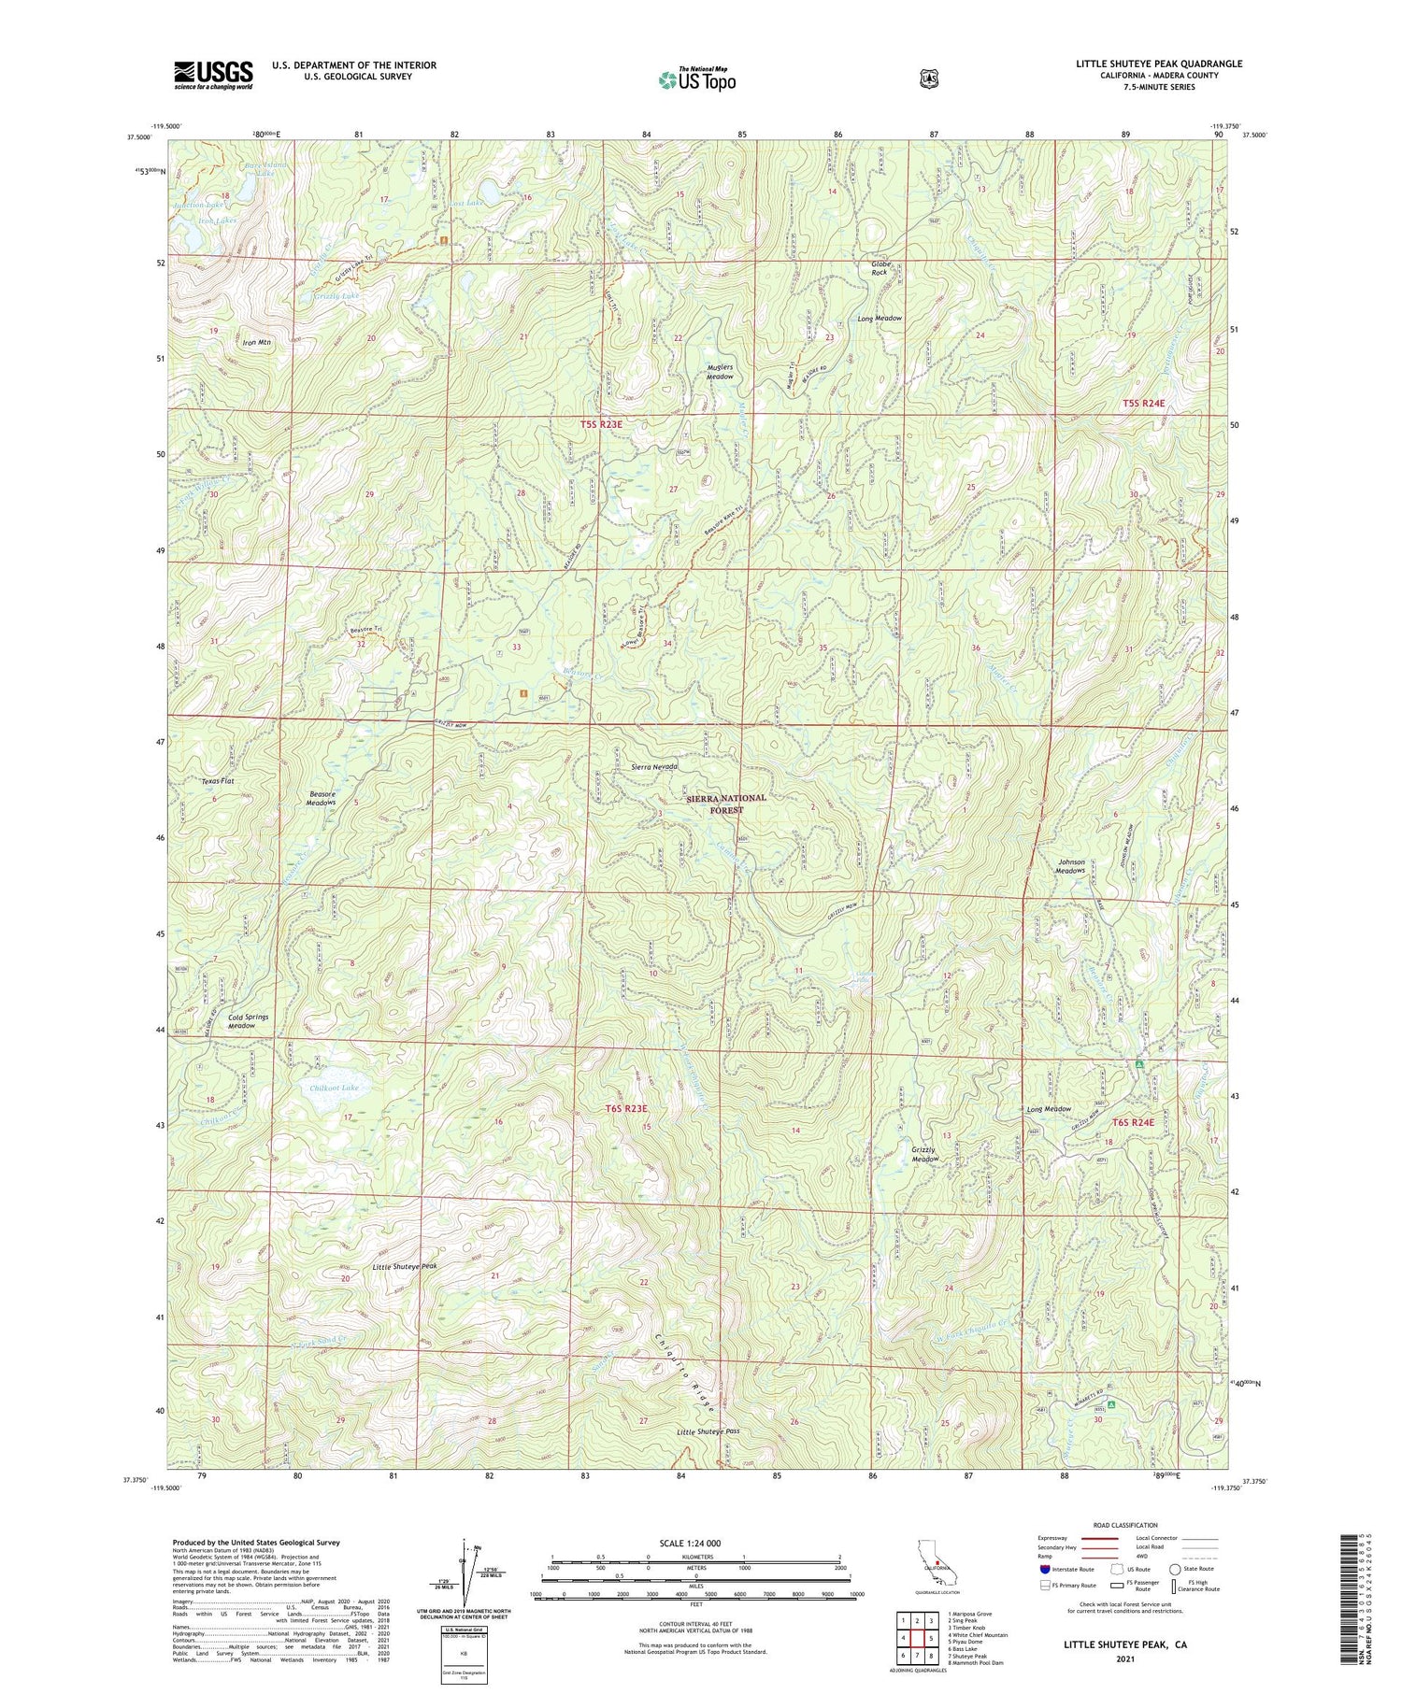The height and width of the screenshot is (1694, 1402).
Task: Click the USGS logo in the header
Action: (213, 75)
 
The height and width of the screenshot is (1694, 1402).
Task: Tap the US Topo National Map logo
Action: (697, 80)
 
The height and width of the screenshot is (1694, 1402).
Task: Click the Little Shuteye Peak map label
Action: (405, 1266)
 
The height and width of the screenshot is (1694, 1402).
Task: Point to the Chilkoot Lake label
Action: (334, 1088)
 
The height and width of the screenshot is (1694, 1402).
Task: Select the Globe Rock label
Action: (880, 268)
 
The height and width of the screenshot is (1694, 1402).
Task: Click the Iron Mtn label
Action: (256, 343)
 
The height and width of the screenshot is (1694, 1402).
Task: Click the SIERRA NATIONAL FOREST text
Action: (726, 804)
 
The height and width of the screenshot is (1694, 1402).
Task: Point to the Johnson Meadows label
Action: (1071, 866)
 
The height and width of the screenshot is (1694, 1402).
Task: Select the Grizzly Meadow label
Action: (924, 1154)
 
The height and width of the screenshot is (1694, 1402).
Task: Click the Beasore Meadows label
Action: (322, 798)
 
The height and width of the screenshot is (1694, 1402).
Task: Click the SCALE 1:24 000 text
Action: (696, 1543)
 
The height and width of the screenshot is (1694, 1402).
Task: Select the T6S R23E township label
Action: (626, 1108)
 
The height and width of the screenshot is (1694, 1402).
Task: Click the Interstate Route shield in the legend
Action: (1043, 1569)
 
